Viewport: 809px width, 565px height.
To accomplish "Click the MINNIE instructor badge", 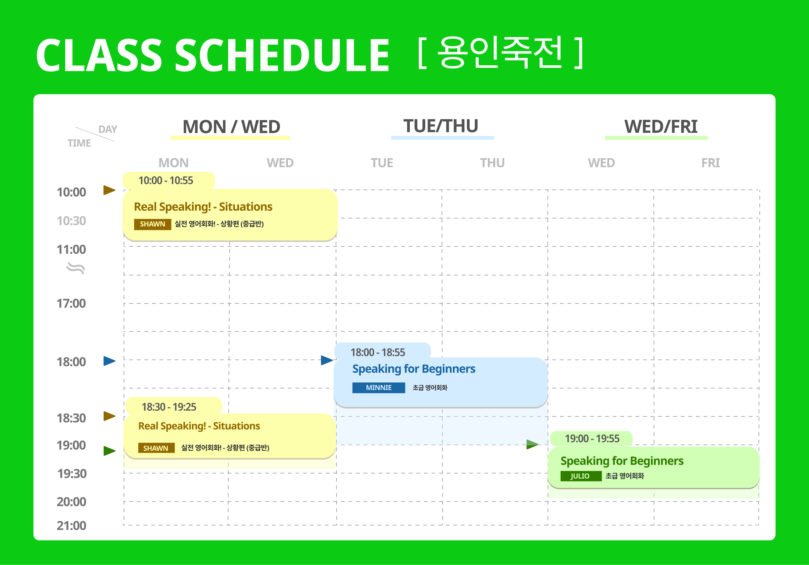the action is click(x=378, y=388).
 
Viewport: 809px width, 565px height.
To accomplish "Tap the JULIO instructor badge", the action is click(x=581, y=476).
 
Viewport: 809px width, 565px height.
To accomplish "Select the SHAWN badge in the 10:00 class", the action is click(x=153, y=224).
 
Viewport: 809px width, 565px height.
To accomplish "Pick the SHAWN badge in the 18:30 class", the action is click(x=156, y=448).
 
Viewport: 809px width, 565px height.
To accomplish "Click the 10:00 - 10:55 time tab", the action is click(x=168, y=180).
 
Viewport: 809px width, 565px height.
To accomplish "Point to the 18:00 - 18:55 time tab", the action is click(x=382, y=352).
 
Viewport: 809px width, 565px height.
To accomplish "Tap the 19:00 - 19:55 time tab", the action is click(x=591, y=439).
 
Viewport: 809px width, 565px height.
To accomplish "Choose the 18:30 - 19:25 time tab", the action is click(x=173, y=406).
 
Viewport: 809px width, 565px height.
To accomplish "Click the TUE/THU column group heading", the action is click(x=441, y=126).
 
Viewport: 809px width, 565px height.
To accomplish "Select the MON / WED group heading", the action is click(x=231, y=127).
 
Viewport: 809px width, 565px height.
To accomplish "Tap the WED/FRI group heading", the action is click(x=661, y=127).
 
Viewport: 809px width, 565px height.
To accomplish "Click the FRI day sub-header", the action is click(x=711, y=163).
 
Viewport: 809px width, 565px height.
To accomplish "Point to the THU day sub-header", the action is click(x=492, y=163).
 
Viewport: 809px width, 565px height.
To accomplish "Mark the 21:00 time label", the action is click(x=72, y=526).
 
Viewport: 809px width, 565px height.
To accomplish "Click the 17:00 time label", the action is click(x=71, y=304).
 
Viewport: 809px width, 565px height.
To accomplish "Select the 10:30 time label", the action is click(x=71, y=221).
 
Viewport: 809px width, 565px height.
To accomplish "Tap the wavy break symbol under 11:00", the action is click(x=76, y=269).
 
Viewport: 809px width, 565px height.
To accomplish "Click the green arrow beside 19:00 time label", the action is click(x=110, y=451).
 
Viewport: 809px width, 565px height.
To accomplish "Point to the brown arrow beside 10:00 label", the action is click(x=109, y=190).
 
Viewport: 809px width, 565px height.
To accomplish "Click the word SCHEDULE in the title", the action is click(x=282, y=55).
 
